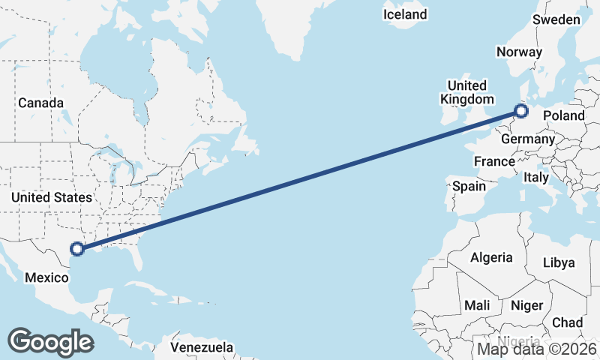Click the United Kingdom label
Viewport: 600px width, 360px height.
pyautogui.click(x=467, y=92)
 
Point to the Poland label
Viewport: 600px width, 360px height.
pyautogui.click(x=563, y=115)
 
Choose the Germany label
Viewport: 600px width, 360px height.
pyautogui.click(x=528, y=139)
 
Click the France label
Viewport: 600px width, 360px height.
pyautogui.click(x=494, y=161)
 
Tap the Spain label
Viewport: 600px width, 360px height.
pyautogui.click(x=469, y=185)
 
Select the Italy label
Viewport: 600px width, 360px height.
pyautogui.click(x=536, y=177)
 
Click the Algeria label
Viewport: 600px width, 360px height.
pyautogui.click(x=491, y=257)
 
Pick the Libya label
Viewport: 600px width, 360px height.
pyautogui.click(x=558, y=262)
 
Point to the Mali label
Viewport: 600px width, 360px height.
pyautogui.click(x=477, y=305)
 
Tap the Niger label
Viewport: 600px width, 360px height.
pyautogui.click(x=526, y=305)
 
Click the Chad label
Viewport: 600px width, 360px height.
pyautogui.click(x=567, y=322)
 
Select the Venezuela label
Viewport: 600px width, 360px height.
pyautogui.click(x=202, y=348)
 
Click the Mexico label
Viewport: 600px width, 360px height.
pyautogui.click(x=46, y=277)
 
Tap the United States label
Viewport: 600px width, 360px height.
pyautogui.click(x=52, y=197)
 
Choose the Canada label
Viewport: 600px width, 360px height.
pyautogui.click(x=40, y=103)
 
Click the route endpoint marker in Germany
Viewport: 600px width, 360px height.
pyautogui.click(x=520, y=112)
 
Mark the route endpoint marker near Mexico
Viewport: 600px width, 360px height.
pyautogui.click(x=76, y=250)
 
